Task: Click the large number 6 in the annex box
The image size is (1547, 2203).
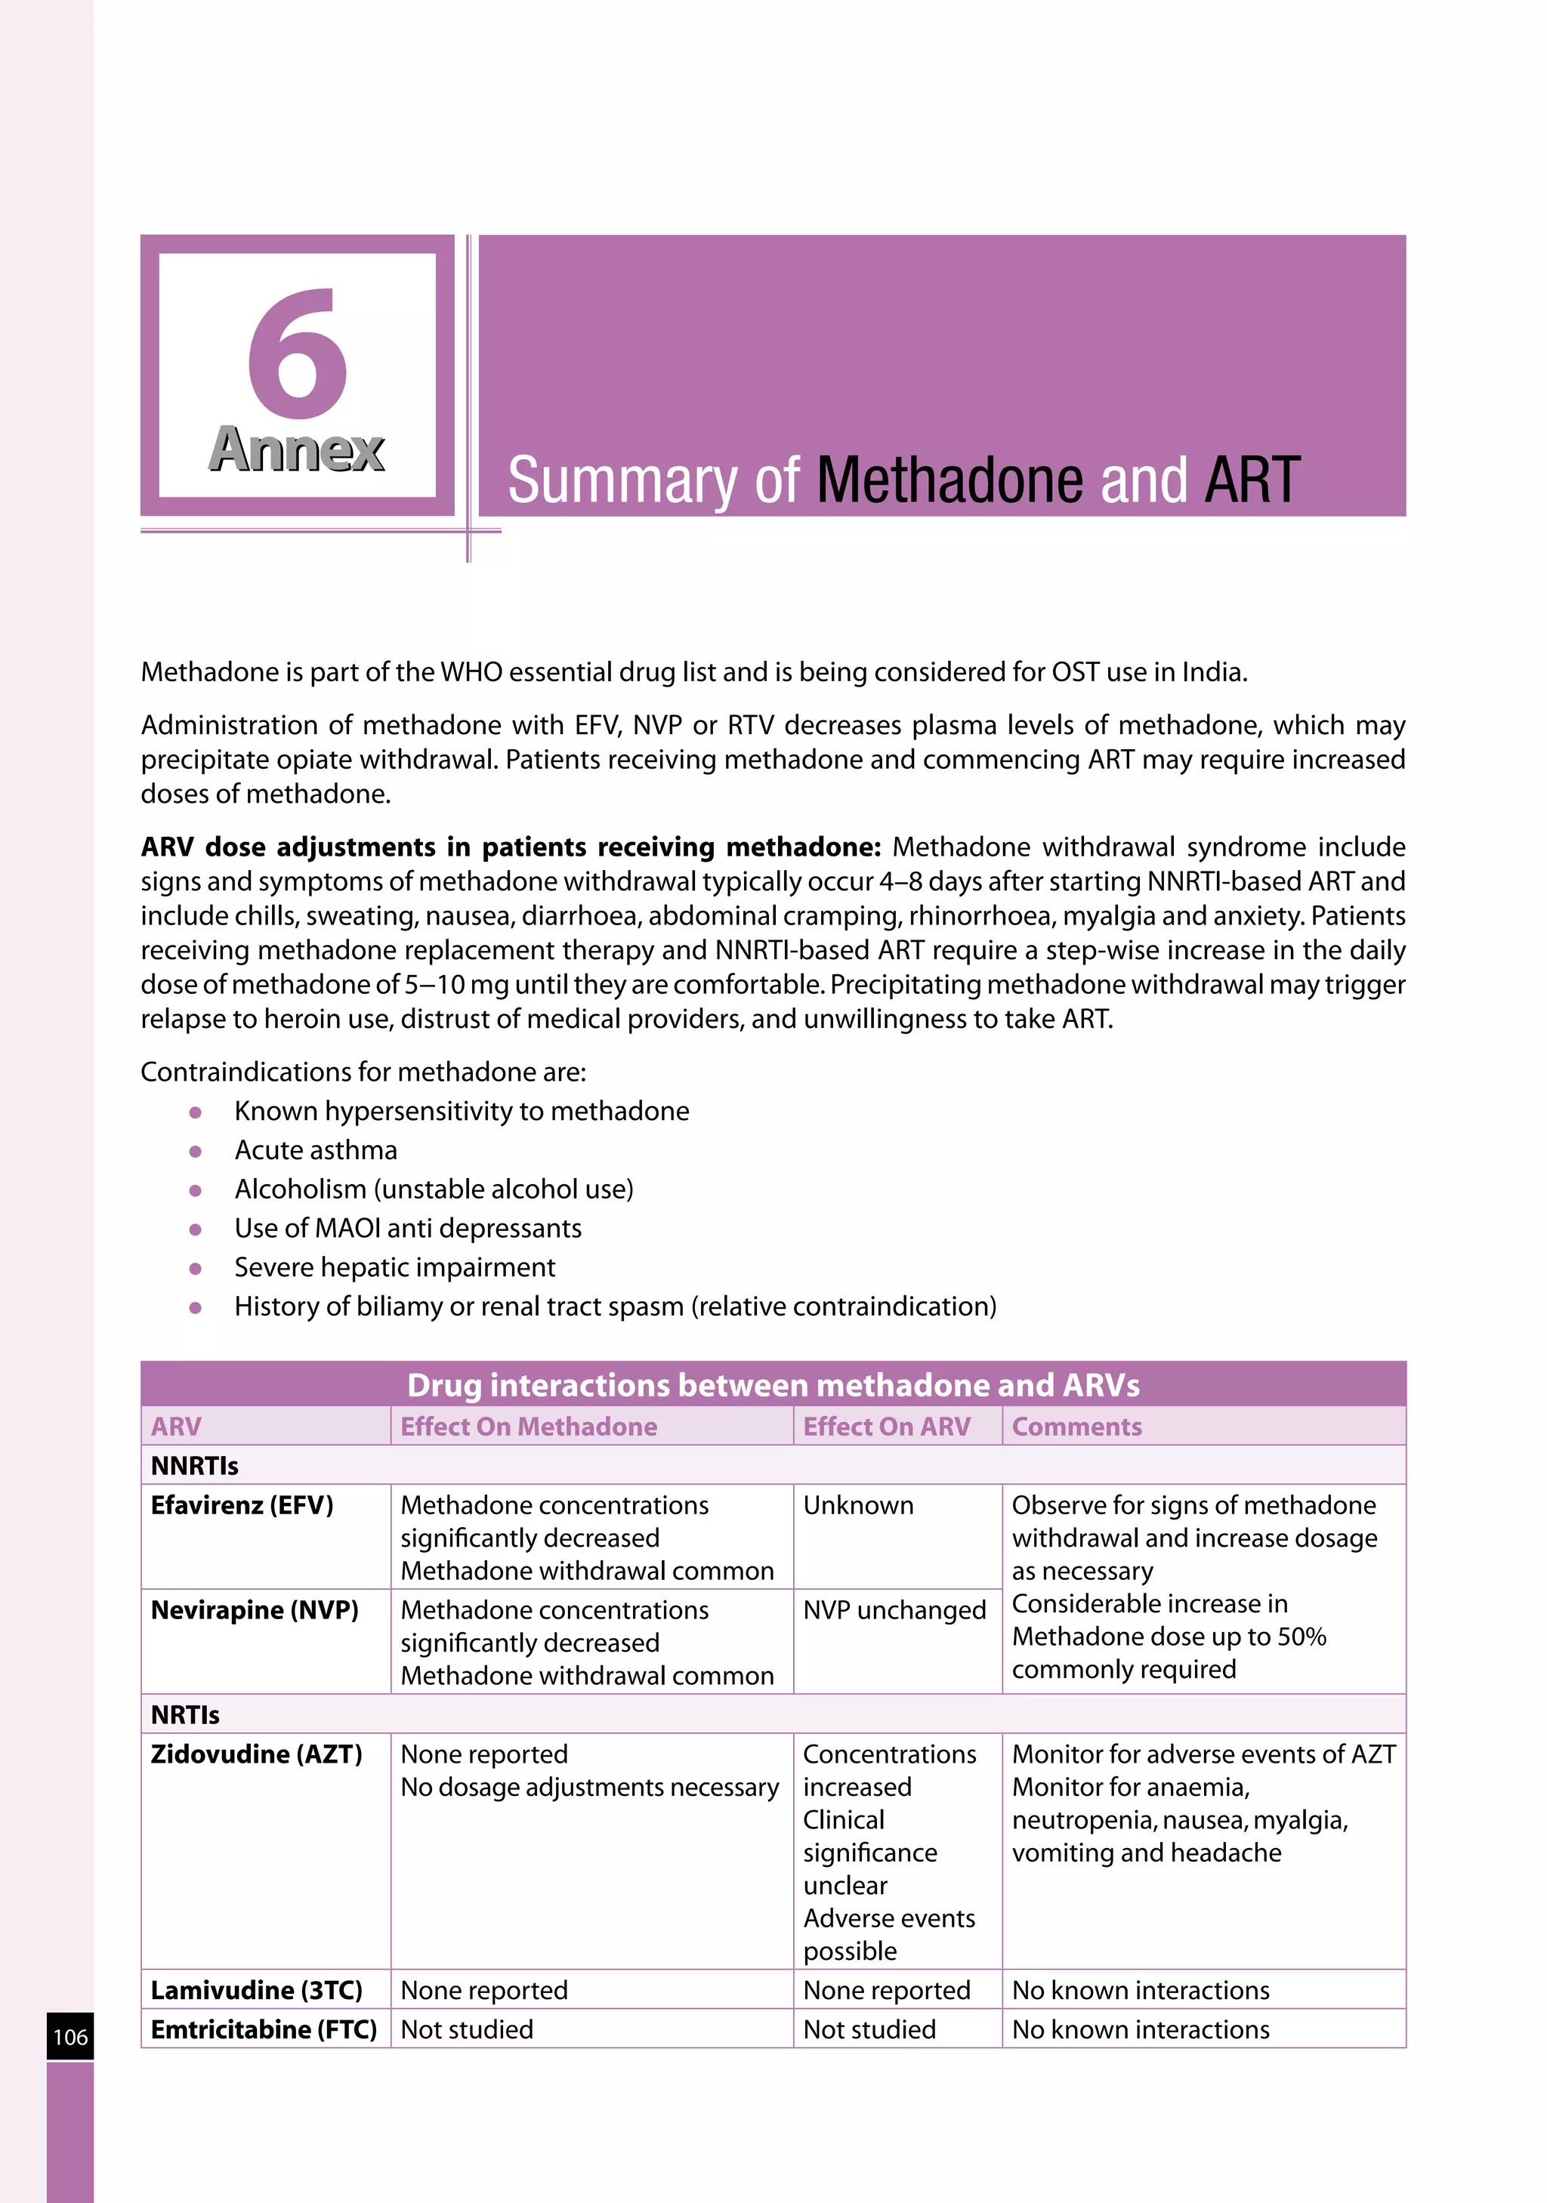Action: coord(297,355)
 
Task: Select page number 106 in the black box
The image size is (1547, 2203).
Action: coord(70,2037)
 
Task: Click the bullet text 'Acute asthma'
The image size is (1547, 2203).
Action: coord(316,1149)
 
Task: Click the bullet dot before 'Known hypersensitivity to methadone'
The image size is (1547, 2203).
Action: coord(196,1112)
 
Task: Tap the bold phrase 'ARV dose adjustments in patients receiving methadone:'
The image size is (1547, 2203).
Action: coord(510,847)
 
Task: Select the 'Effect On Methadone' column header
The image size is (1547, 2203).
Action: coord(529,1427)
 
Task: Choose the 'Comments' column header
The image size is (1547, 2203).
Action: coord(1076,1427)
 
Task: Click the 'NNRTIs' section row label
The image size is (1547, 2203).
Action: coord(195,1465)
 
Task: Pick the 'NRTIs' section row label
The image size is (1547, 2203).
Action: coord(185,1714)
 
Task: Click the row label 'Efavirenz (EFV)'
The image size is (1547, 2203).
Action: coord(242,1504)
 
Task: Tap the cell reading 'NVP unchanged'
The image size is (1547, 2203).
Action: coord(894,1610)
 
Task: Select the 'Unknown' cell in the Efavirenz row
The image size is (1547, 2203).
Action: coord(858,1504)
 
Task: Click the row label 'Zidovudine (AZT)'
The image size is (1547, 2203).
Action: coord(256,1754)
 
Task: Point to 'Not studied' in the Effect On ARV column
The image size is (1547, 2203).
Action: coord(869,2029)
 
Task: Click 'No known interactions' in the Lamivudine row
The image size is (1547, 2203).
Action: coord(1140,1990)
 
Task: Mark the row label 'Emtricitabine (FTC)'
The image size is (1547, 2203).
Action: coord(264,2029)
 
